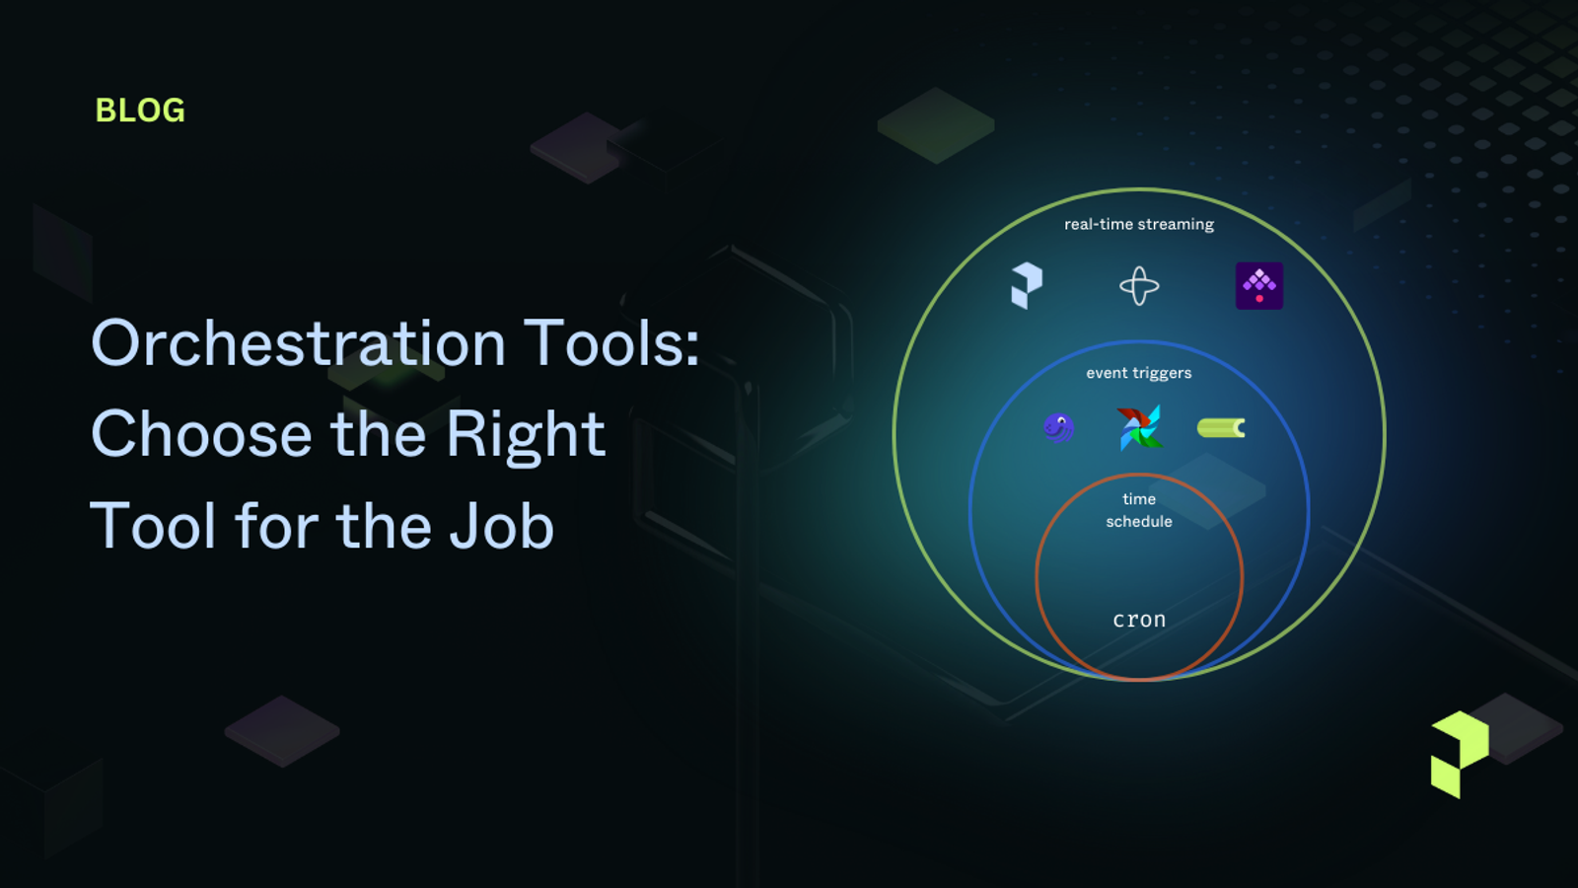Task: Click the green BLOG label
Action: click(x=140, y=111)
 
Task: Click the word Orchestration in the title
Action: click(x=298, y=343)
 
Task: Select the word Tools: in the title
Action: click(x=611, y=343)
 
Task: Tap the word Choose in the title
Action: click(x=201, y=434)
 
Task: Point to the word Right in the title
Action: click(x=525, y=434)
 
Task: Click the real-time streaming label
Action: click(x=1139, y=224)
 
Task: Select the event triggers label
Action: click(x=1139, y=373)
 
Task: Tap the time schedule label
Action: click(x=1139, y=510)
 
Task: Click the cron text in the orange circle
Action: click(x=1139, y=620)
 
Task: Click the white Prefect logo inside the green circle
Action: click(x=1026, y=285)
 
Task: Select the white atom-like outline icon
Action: click(x=1139, y=286)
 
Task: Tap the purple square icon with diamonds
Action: click(x=1259, y=285)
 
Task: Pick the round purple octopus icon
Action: click(x=1058, y=427)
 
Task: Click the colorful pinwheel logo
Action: click(x=1139, y=427)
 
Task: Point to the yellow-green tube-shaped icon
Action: click(x=1221, y=427)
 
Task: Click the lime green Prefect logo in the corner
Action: click(x=1460, y=754)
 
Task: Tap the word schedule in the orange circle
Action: click(x=1139, y=522)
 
